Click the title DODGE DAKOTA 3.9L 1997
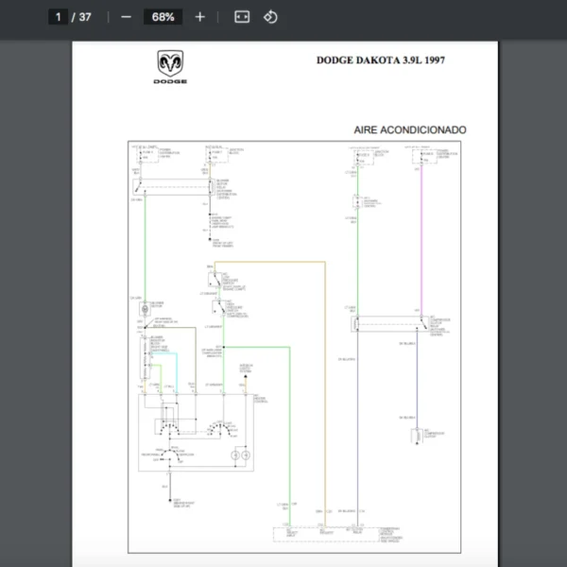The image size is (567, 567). coord(380,60)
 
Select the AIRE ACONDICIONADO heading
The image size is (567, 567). coord(409,129)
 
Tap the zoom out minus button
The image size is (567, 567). coord(126,17)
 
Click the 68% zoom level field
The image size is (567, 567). coord(163,17)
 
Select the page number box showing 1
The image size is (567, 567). coord(59,17)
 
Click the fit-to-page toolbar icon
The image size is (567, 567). coord(242,17)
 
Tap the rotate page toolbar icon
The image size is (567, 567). coord(270,17)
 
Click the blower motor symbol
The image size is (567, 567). coord(144,308)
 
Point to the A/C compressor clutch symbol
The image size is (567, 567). coord(417,437)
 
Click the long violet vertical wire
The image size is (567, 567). coord(421,246)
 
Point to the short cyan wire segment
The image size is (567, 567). coord(165,352)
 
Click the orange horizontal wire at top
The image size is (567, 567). coord(274,262)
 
